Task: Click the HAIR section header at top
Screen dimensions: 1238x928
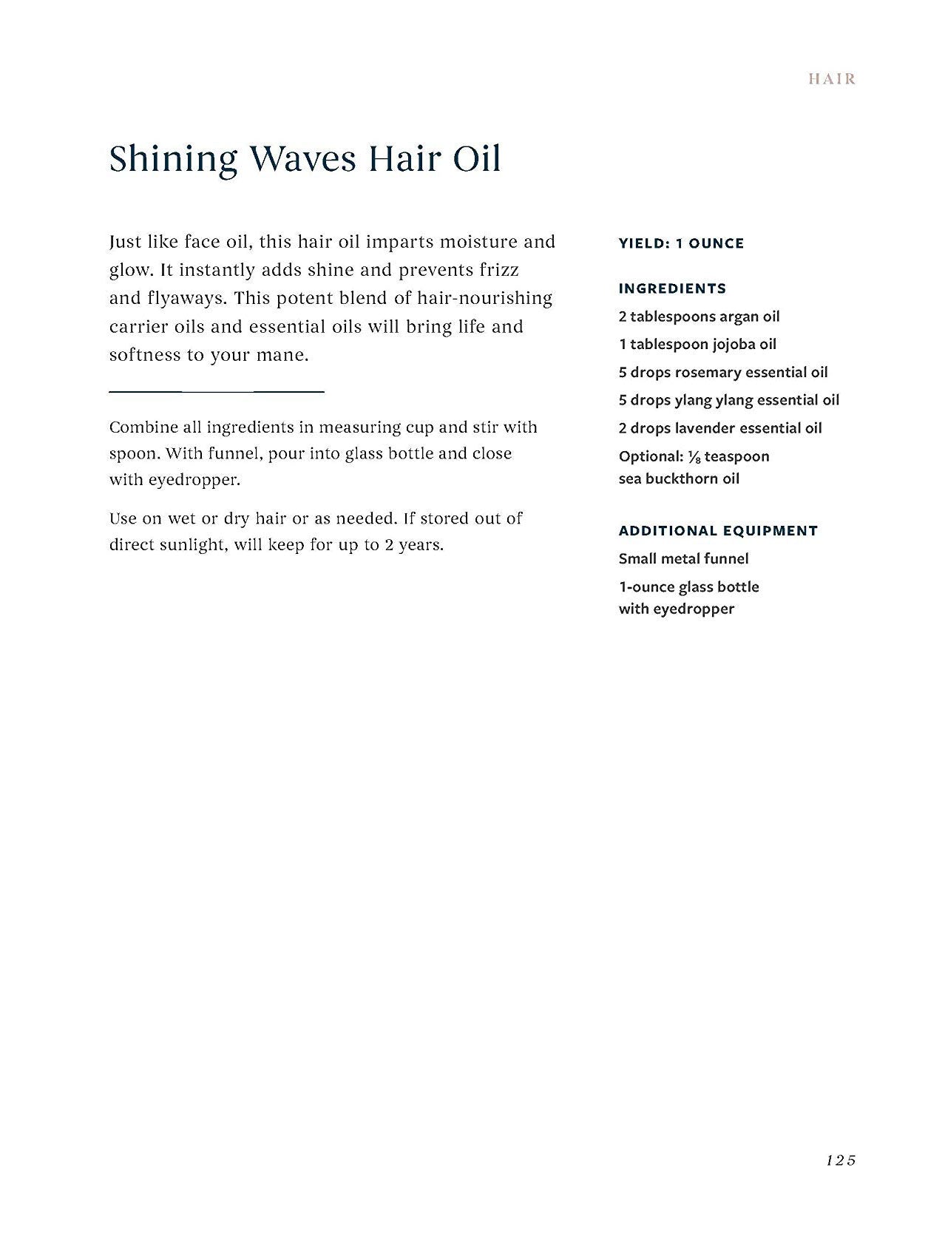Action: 832,79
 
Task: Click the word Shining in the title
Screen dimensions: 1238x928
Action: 173,160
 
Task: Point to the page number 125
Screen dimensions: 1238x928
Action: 841,1160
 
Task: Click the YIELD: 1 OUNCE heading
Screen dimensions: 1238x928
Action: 681,243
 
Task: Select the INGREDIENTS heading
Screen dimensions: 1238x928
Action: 672,288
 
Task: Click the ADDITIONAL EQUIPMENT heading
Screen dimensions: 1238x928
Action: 718,530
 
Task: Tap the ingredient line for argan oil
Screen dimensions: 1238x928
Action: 699,317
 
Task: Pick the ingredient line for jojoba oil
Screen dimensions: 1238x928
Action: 697,345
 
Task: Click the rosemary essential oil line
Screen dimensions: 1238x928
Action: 722,372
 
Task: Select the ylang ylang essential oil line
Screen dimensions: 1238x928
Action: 728,400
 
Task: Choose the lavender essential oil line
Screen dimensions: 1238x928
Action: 719,428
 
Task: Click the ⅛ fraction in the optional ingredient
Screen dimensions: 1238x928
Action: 694,457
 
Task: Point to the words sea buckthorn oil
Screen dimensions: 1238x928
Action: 679,478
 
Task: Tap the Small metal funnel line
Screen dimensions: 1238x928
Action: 683,558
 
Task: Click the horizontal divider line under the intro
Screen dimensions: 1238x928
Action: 217,390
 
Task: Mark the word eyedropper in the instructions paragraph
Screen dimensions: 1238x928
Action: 194,479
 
